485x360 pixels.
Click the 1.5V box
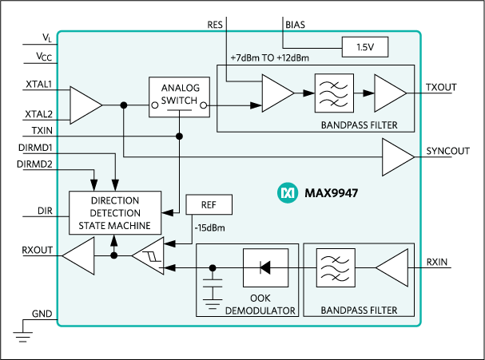pos(364,48)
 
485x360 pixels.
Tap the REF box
pos(209,205)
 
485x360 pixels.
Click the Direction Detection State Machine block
pos(115,213)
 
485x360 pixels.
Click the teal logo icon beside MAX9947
pos(286,192)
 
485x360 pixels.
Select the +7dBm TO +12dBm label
pos(269,58)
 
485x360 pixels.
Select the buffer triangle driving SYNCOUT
pos(397,156)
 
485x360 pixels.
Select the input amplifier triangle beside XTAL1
pos(85,105)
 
